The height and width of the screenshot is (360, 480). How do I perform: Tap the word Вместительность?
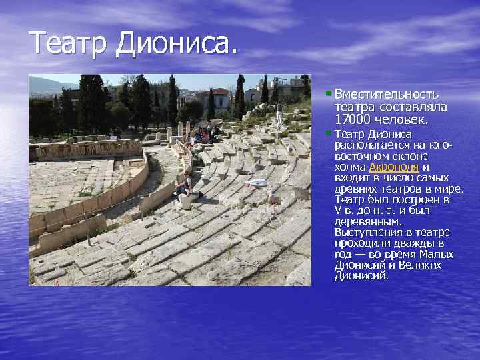(387, 95)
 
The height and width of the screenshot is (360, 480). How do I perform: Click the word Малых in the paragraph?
(439, 254)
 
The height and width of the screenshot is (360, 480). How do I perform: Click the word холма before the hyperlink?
(350, 167)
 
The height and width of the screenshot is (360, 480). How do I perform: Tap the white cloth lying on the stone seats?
(256, 182)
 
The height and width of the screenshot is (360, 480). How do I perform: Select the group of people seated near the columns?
(200, 133)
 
